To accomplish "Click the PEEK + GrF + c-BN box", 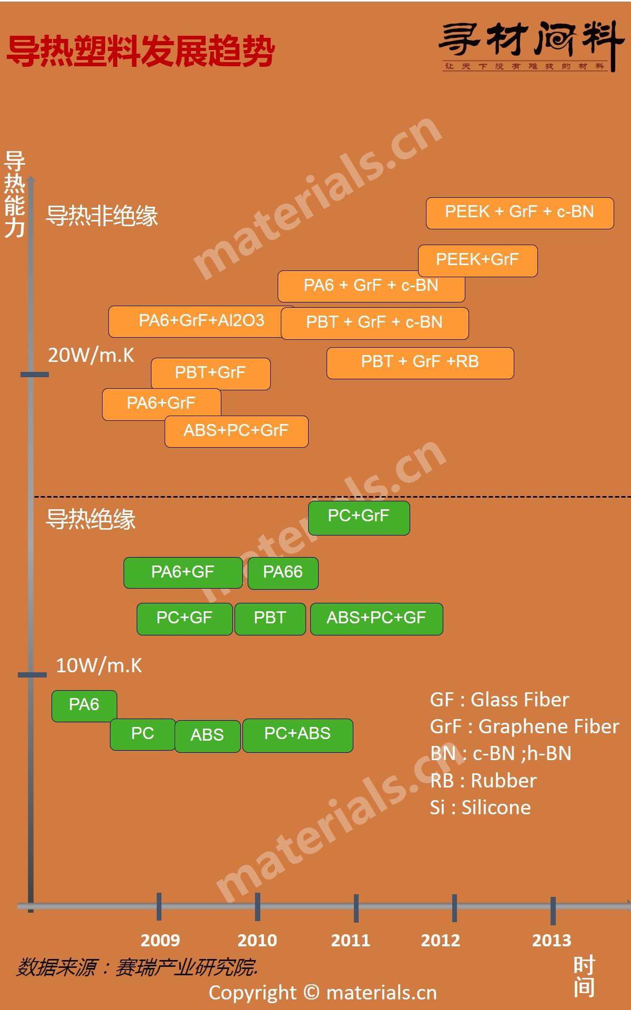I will point(520,213).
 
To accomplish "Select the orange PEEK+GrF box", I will point(477,260).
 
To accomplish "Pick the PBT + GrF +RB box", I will point(420,363).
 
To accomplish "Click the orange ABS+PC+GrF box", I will point(236,431).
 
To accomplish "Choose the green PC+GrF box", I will point(359,518).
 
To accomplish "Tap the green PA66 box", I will point(283,572).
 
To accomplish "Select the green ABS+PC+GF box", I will point(376,619).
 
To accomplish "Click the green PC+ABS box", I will point(298,735).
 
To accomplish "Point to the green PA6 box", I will point(84,705).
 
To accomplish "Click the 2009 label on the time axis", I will point(160,940).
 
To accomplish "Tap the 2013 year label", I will point(552,940).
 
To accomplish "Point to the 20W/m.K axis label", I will point(91,356).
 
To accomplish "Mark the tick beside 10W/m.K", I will point(33,675).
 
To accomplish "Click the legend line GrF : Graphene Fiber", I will point(524,726).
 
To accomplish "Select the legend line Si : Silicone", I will point(480,807).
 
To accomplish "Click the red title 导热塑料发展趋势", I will point(140,52).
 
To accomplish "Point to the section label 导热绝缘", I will point(91,519).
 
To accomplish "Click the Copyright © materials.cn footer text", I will point(322,993).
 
